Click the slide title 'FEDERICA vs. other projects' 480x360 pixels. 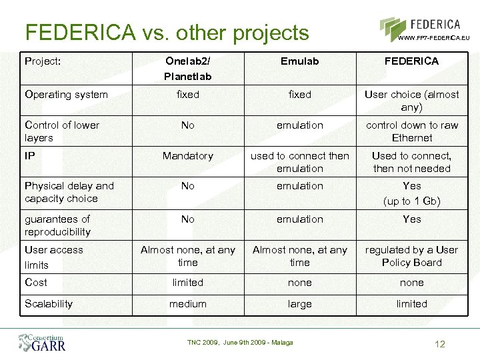tap(167, 32)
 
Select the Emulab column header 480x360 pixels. tap(299, 61)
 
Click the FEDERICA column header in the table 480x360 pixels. tap(411, 61)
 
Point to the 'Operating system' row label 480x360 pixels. tap(66, 95)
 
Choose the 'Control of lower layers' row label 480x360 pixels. tap(62, 131)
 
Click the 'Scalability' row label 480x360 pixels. tap(49, 304)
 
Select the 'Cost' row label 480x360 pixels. tap(36, 283)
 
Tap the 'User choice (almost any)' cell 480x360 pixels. tap(411, 101)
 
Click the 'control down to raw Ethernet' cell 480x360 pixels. tap(411, 131)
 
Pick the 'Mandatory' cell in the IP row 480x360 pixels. tap(188, 156)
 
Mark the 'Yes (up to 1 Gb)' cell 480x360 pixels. tap(411, 193)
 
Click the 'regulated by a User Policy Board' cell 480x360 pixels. tap(411, 256)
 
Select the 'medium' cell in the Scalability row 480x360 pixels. tap(188, 304)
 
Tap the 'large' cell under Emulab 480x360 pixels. tap(299, 304)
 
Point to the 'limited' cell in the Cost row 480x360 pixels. tap(188, 283)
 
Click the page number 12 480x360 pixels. tap(439, 345)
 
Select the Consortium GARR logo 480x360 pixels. tap(41, 341)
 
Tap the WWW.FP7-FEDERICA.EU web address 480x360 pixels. tap(433, 38)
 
